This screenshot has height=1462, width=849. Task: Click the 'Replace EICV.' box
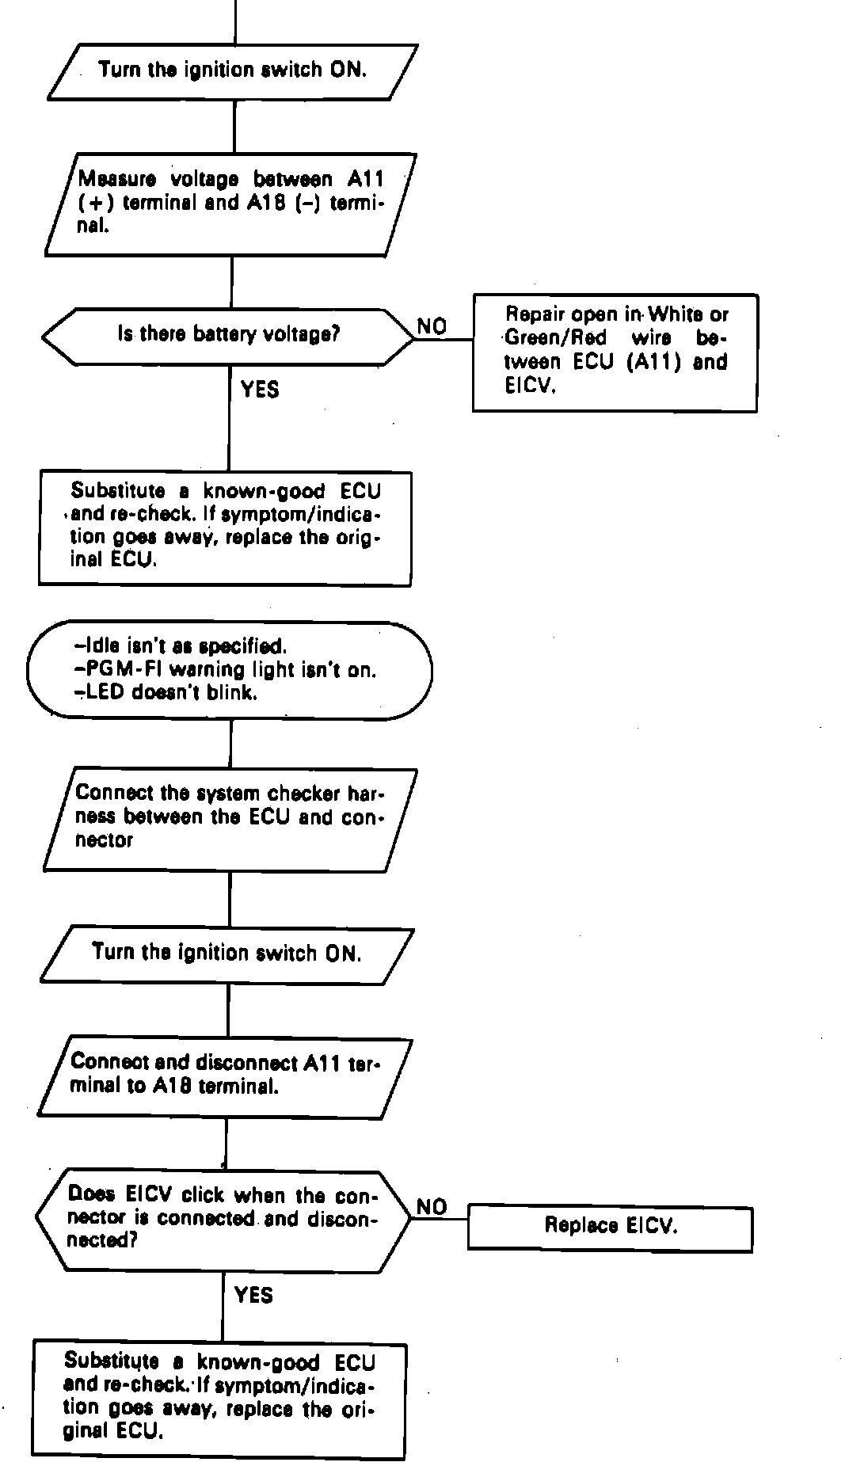[610, 1228]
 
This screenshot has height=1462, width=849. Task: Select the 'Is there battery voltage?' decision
[228, 336]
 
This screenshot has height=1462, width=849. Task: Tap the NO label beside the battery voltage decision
[432, 326]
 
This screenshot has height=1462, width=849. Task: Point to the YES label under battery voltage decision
[260, 389]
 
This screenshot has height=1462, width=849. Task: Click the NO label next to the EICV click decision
[432, 1207]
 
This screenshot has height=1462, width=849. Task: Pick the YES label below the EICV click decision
[254, 1295]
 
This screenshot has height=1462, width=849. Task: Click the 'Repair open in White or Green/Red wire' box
[615, 352]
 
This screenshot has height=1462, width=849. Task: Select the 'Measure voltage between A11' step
[230, 204]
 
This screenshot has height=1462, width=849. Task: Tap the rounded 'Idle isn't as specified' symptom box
[230, 670]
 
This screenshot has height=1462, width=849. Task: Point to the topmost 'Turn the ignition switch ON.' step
[233, 71]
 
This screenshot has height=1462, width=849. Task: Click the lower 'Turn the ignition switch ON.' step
[227, 953]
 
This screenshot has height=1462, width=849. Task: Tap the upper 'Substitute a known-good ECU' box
[226, 527]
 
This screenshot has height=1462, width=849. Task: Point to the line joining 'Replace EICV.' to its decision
[440, 1220]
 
